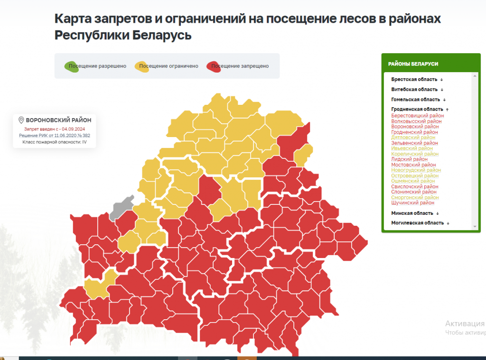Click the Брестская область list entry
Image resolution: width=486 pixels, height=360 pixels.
[414, 79]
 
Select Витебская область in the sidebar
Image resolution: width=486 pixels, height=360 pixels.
[414, 89]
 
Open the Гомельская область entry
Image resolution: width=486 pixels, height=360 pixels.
[416, 100]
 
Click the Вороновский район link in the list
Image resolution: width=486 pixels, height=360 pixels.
[415, 127]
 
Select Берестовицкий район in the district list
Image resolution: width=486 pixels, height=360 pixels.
[417, 116]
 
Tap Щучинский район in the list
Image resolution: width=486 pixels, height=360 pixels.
[412, 203]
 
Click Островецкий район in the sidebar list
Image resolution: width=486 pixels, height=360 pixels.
[415, 175]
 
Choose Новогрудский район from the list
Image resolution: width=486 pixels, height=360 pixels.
[416, 170]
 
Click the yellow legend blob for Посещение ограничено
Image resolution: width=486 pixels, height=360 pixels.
[142, 66]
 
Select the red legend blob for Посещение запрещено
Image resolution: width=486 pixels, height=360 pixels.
[213, 66]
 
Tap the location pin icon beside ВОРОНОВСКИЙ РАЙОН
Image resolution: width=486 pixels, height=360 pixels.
[21, 120]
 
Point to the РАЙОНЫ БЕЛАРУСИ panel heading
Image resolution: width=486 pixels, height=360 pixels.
[413, 64]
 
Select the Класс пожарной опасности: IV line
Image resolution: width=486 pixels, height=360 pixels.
[55, 142]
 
